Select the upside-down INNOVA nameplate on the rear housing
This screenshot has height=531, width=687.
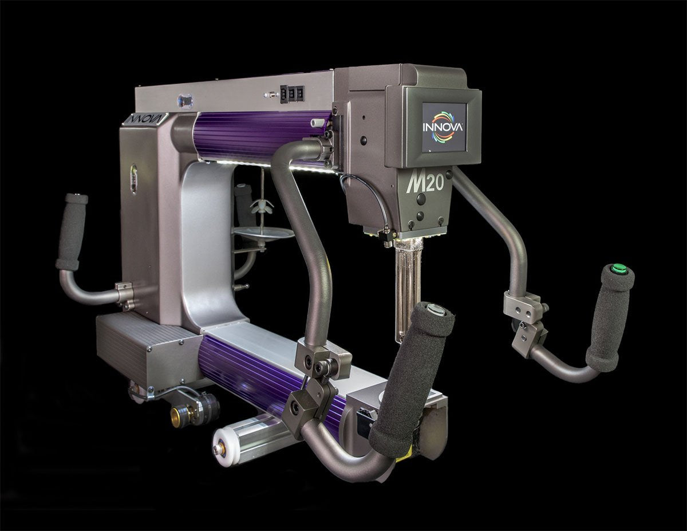point(143,119)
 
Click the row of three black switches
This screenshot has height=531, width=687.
point(291,94)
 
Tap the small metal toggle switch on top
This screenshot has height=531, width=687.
point(267,95)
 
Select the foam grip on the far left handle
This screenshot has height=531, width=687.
point(72,231)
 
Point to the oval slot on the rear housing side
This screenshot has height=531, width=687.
point(133,179)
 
